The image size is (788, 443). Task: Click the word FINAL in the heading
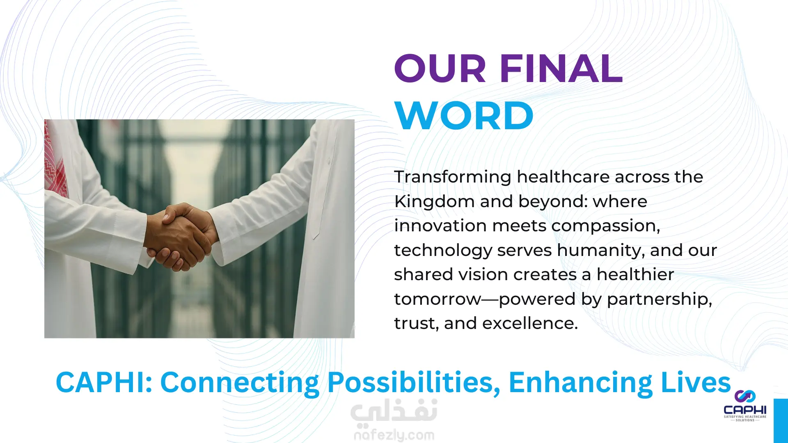point(561,69)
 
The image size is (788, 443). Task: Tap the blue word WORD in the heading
point(464,116)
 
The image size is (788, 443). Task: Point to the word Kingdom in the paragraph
point(433,201)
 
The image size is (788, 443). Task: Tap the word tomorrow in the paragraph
point(438,299)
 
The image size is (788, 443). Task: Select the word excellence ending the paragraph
point(530,323)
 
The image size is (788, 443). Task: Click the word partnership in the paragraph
point(659,299)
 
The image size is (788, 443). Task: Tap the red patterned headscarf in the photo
point(55,160)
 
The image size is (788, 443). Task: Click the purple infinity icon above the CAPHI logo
point(745,396)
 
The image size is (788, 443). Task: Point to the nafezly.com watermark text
point(394,435)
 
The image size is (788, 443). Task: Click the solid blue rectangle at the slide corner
point(781,421)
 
